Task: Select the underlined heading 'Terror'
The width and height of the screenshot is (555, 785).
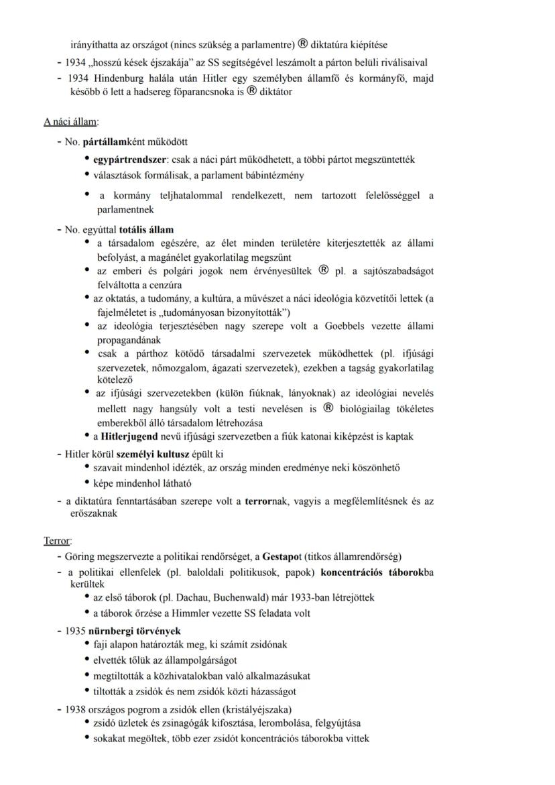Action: click(58, 540)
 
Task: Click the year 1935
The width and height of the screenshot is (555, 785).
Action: click(76, 631)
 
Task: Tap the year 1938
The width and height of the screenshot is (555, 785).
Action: click(76, 709)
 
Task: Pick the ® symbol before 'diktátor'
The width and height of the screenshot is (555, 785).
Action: click(252, 91)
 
